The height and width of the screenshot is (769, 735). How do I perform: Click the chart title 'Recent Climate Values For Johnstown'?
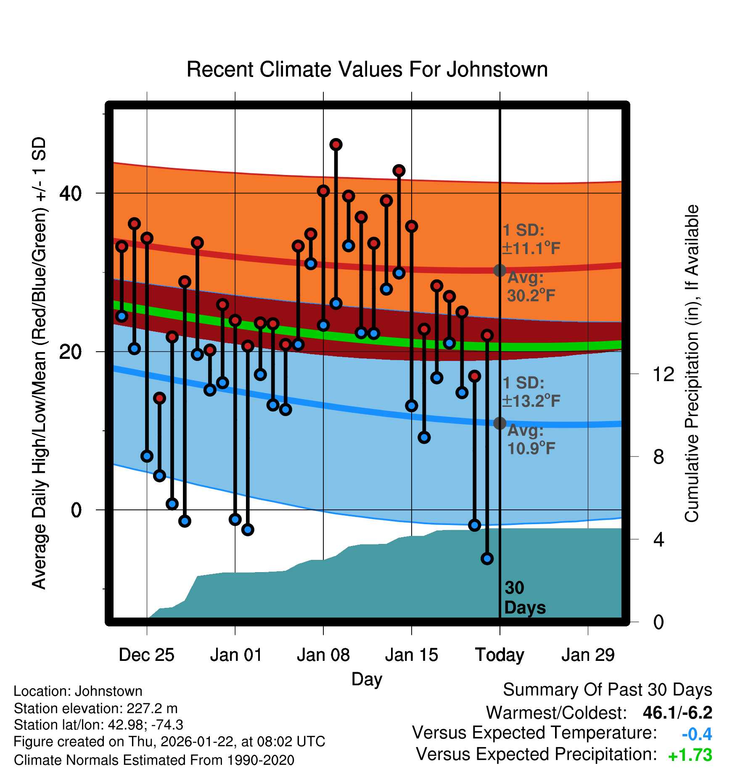pyautogui.click(x=367, y=69)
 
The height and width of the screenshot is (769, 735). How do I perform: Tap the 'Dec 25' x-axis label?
pyautogui.click(x=146, y=655)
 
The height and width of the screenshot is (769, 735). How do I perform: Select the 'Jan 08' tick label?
pyautogui.click(x=323, y=655)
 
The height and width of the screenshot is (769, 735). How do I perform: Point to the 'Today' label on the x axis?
pyautogui.click(x=500, y=655)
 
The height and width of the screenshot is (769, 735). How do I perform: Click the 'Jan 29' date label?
pyautogui.click(x=588, y=655)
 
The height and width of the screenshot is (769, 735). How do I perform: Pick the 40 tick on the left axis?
pyautogui.click(x=70, y=194)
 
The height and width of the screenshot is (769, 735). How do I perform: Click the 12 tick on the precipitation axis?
pyautogui.click(x=663, y=374)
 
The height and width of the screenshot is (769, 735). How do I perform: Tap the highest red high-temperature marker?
pyautogui.click(x=336, y=145)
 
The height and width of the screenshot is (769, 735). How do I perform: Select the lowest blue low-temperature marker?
pyautogui.click(x=487, y=559)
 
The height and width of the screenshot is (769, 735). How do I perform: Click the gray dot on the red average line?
pyautogui.click(x=500, y=270)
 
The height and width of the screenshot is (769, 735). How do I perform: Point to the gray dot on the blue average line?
pyautogui.click(x=500, y=423)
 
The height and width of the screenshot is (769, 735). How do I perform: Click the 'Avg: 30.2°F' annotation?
pyautogui.click(x=531, y=287)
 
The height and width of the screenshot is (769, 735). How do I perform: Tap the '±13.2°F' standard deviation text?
pyautogui.click(x=531, y=401)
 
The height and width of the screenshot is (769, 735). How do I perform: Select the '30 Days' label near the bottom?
pyautogui.click(x=524, y=598)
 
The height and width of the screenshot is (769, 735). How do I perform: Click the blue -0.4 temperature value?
pyautogui.click(x=697, y=734)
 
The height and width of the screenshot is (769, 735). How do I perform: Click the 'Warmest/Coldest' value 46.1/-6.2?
pyautogui.click(x=677, y=713)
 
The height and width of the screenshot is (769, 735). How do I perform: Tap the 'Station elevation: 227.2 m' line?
pyautogui.click(x=95, y=708)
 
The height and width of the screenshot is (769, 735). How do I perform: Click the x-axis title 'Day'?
pyautogui.click(x=367, y=679)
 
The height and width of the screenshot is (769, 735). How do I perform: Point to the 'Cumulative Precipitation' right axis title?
pyautogui.click(x=692, y=363)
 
